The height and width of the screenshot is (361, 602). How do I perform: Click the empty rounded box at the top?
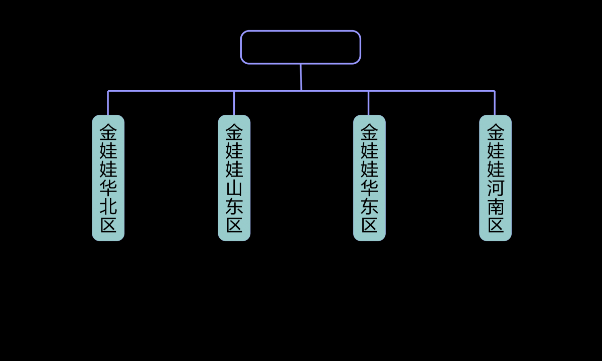tap(300, 47)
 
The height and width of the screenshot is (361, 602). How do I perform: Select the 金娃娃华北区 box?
tap(108, 178)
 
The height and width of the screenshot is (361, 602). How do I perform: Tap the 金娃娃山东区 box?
tap(234, 178)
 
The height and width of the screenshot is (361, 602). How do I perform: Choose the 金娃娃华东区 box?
tap(369, 178)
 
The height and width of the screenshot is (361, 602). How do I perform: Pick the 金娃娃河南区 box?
tap(495, 178)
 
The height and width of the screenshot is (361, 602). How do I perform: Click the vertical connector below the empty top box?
tap(301, 77)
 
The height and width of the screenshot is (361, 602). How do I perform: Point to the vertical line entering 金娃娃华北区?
tap(108, 103)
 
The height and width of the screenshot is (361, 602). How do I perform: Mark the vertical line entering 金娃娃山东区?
tap(234, 103)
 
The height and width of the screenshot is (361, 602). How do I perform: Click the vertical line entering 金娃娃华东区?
tap(368, 103)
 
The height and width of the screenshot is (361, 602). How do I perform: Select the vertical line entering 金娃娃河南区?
tap(495, 103)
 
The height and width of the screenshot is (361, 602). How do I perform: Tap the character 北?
tap(108, 207)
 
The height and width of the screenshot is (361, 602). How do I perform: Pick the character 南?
tap(495, 207)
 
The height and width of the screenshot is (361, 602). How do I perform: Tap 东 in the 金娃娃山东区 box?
tap(234, 207)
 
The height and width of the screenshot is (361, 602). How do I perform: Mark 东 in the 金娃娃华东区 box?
tap(369, 207)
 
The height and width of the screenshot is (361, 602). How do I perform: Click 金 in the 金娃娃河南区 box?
tap(495, 132)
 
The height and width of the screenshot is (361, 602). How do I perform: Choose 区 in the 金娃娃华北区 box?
tap(108, 225)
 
